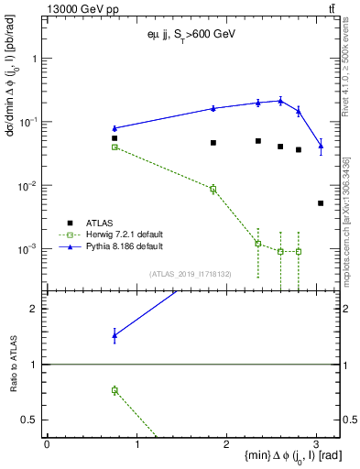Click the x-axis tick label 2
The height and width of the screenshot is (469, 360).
click(x=227, y=443)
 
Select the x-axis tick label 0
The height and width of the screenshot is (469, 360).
click(x=47, y=443)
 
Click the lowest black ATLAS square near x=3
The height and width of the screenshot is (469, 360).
click(x=321, y=203)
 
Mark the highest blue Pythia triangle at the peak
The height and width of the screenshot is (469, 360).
click(x=280, y=101)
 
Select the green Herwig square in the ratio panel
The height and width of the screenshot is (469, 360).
click(x=115, y=390)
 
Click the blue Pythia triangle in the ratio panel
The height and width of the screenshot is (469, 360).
click(x=115, y=335)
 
